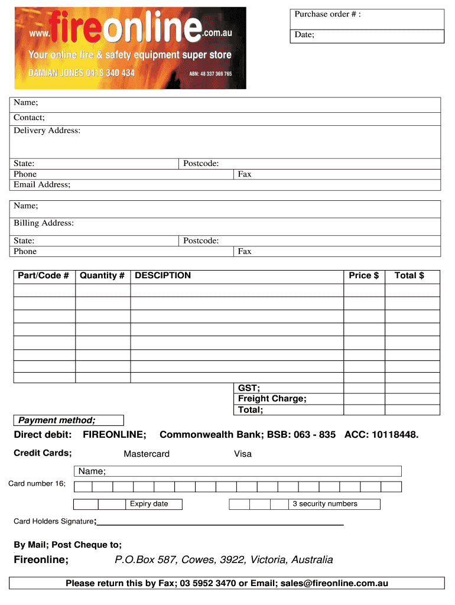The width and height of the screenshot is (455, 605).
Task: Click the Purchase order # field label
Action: [x=327, y=14]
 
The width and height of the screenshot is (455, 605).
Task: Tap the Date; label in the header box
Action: [x=304, y=35]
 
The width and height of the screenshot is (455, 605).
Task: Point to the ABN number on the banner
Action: [x=210, y=74]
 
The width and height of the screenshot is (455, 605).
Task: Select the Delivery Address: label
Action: [x=47, y=131]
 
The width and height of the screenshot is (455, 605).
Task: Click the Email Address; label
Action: [x=42, y=184]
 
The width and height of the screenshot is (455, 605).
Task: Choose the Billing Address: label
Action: [x=44, y=223]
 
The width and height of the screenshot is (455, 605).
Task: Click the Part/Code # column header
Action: [x=44, y=275]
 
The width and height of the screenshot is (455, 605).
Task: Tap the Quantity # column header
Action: [x=102, y=275]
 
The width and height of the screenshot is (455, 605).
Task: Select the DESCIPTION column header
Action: [x=162, y=275]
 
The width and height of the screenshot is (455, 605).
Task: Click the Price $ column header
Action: [x=363, y=275]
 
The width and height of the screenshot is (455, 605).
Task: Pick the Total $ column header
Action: [x=409, y=275]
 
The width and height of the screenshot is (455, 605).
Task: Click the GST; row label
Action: [x=249, y=388]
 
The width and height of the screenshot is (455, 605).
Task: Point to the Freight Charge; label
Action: [x=272, y=399]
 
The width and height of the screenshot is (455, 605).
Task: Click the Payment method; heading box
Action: [x=69, y=421]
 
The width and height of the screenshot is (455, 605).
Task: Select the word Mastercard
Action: [x=147, y=454]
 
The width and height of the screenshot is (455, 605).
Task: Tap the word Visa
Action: [x=243, y=454]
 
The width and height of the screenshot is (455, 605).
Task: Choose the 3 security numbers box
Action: [x=334, y=504]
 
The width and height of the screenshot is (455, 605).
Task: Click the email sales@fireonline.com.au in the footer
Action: [x=334, y=583]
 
